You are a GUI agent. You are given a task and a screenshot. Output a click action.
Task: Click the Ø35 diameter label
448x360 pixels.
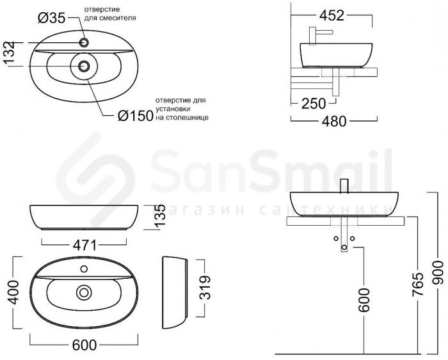(52, 19)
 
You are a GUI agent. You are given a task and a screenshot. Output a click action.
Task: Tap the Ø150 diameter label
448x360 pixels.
(136, 116)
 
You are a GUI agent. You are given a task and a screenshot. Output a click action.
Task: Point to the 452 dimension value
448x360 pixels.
(332, 15)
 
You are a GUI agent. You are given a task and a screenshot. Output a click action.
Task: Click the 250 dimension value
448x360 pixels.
(314, 104)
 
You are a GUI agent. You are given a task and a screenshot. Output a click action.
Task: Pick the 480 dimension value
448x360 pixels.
(334, 121)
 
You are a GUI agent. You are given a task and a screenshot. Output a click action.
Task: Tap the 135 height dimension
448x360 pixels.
(160, 216)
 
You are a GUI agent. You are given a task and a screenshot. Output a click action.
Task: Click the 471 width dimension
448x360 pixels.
(84, 246)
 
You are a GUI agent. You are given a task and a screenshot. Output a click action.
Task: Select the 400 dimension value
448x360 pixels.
(13, 292)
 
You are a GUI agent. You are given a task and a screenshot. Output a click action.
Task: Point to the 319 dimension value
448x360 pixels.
(205, 288)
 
